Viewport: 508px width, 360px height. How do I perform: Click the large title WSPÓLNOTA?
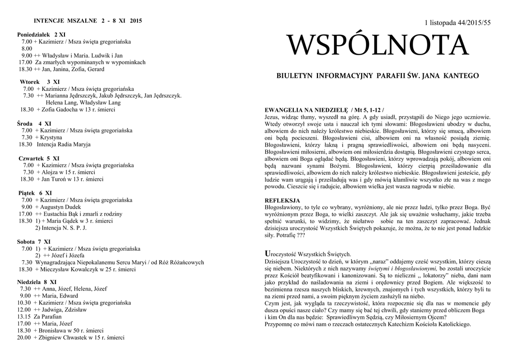[x=378, y=46]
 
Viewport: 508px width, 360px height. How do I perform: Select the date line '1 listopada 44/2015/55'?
[x=458, y=24]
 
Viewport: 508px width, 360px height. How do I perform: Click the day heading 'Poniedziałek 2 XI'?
[x=41, y=34]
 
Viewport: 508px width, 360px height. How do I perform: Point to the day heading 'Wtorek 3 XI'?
[x=40, y=81]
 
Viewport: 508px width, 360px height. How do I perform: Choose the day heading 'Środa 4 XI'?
[x=34, y=123]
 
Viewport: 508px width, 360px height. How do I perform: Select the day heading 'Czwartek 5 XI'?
[x=39, y=158]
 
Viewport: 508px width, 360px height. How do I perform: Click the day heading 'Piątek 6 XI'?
[x=35, y=193]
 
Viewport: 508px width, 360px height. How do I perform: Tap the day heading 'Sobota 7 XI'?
[x=36, y=241]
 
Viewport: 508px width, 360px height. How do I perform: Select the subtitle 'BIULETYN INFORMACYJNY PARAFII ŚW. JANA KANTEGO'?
[x=378, y=76]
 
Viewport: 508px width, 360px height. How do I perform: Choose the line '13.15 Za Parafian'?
[x=40, y=316]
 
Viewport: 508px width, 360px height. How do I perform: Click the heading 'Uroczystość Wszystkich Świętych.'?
[x=308, y=254]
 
